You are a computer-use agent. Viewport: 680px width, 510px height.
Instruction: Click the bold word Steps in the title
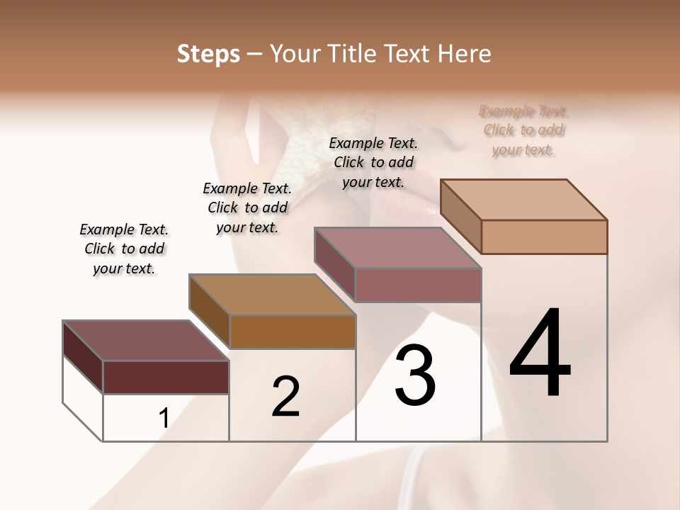coord(208,54)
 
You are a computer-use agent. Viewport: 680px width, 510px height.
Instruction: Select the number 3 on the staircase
coord(415,375)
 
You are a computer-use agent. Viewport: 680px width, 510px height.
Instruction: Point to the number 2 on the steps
coord(285,396)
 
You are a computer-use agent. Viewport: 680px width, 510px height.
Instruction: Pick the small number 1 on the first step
coord(164,418)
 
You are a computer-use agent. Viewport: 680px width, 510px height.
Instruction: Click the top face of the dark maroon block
coord(145,341)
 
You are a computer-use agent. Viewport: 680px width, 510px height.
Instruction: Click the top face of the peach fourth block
coord(524,200)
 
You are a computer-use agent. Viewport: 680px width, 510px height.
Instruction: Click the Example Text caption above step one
coord(124,249)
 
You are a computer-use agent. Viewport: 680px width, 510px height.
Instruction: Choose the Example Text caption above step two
coord(247,208)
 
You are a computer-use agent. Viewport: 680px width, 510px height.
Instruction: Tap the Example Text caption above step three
coord(373,162)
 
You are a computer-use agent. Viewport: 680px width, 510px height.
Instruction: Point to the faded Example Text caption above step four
coord(523,130)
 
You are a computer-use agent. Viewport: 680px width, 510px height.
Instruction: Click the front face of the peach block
coord(544,237)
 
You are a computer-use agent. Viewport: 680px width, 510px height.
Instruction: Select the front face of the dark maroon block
coord(166,377)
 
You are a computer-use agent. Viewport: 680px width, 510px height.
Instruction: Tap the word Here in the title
coord(465,54)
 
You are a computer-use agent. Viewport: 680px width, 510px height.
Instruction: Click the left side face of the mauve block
coord(334,264)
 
